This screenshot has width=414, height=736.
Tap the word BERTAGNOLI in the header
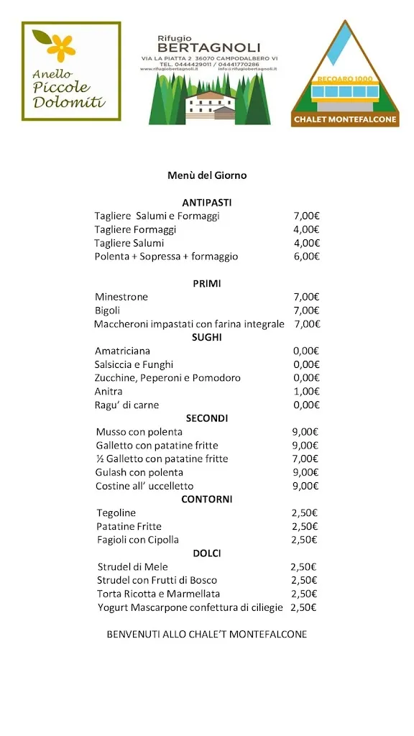208,47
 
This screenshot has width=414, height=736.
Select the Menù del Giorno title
207,175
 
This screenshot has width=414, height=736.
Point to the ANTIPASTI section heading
207,203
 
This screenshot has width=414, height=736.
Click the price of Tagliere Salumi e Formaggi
306,216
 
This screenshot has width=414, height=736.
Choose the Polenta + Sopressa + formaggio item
166,257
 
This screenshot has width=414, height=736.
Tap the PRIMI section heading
207,284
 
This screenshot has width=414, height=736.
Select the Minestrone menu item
121,297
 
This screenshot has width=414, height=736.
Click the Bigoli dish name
108,310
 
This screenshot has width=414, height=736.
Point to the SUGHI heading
207,337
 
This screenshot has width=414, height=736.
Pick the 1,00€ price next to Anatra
306,392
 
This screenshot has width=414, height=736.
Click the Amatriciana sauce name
123,351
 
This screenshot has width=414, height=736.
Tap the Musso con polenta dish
139,432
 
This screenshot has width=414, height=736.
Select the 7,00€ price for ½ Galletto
305,459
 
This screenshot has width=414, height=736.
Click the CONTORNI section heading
207,500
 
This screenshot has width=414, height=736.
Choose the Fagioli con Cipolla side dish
138,540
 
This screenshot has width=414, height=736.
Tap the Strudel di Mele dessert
132,567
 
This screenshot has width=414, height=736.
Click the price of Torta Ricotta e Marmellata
304,594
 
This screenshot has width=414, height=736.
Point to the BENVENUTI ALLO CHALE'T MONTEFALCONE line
207,635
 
